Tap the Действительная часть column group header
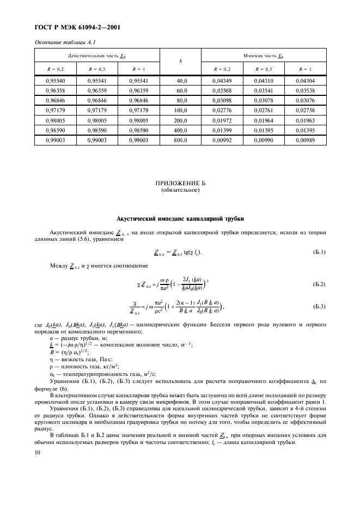point(97,56)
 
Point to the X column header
point(180,62)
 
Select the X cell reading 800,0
point(180,140)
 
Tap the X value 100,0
point(180,111)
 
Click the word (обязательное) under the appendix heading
point(180,191)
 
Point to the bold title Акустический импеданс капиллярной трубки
point(180,218)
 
